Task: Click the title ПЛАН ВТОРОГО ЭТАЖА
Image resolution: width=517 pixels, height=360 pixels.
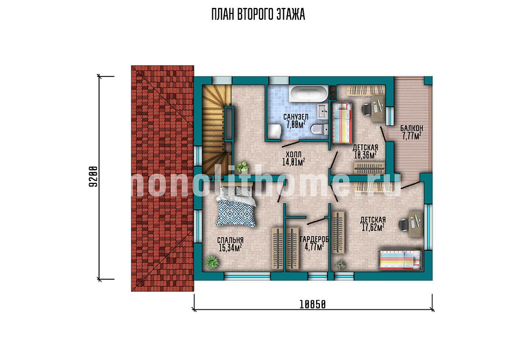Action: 258,15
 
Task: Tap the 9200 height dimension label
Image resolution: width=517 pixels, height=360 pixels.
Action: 93,177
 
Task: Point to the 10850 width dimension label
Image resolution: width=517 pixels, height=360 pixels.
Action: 312,305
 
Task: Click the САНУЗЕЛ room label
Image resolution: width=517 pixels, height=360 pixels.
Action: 296,117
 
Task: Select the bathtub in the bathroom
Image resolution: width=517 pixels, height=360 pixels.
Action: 309,94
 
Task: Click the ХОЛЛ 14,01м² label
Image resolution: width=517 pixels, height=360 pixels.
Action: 294,158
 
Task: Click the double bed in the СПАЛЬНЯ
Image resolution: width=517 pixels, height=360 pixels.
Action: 236,206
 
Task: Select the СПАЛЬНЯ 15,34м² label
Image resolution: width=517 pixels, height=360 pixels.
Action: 230,244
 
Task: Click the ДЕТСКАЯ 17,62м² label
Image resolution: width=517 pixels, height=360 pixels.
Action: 373,224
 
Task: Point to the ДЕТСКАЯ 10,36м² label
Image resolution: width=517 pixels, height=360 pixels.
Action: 365,151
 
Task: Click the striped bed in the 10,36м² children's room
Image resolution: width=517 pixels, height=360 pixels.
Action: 341,123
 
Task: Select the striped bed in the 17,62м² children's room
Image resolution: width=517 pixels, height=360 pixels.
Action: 400,259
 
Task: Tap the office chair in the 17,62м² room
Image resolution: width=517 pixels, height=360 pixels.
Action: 404,225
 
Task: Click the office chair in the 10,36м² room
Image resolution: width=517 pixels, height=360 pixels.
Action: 367,109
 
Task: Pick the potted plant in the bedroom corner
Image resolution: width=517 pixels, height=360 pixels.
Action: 212,262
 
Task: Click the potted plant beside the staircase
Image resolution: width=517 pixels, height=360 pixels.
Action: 243,166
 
